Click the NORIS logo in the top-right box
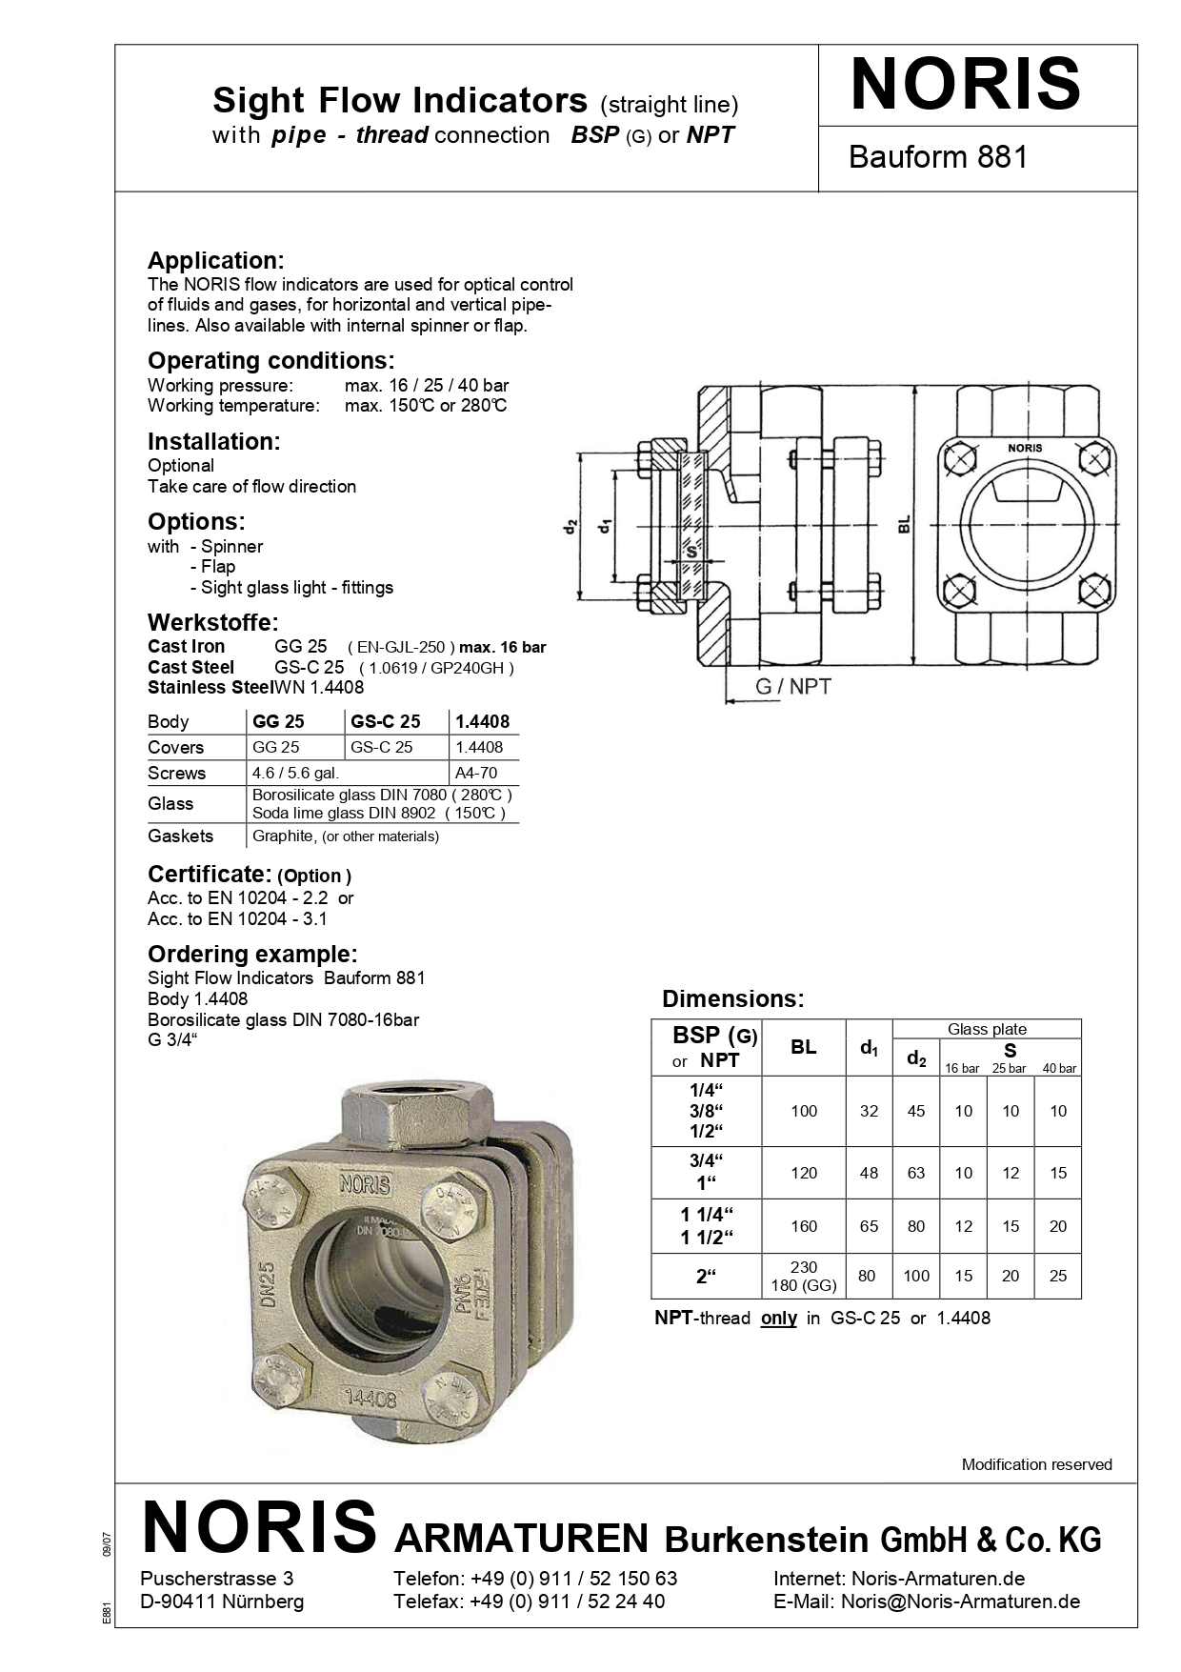(x=965, y=85)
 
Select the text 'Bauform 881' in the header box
(x=938, y=157)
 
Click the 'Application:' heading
(x=215, y=260)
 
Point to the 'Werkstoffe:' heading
(x=212, y=622)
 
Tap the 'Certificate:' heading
(x=210, y=874)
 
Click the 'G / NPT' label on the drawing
(x=792, y=686)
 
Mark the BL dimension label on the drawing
(x=904, y=524)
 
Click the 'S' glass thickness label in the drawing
(x=691, y=552)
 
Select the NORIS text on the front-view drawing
(x=1025, y=448)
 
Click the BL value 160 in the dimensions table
(x=804, y=1226)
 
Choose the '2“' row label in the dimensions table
(x=706, y=1276)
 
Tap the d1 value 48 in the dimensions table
(x=869, y=1173)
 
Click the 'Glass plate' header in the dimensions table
(x=987, y=1029)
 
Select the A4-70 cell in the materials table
(x=476, y=773)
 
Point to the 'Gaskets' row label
(x=181, y=836)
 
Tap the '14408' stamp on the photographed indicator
(x=370, y=1398)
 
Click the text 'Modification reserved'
(x=1036, y=1464)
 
